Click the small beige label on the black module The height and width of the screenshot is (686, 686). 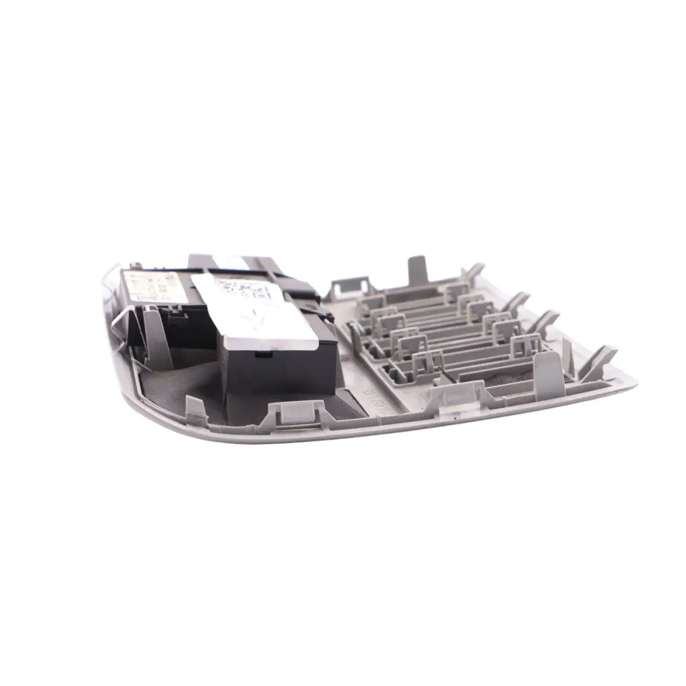[x=155, y=287]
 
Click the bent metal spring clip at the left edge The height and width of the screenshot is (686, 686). [x=121, y=321]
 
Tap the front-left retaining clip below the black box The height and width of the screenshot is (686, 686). [x=293, y=412]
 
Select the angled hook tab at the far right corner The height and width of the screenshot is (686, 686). [x=600, y=362]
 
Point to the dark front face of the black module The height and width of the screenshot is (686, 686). [x=279, y=372]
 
